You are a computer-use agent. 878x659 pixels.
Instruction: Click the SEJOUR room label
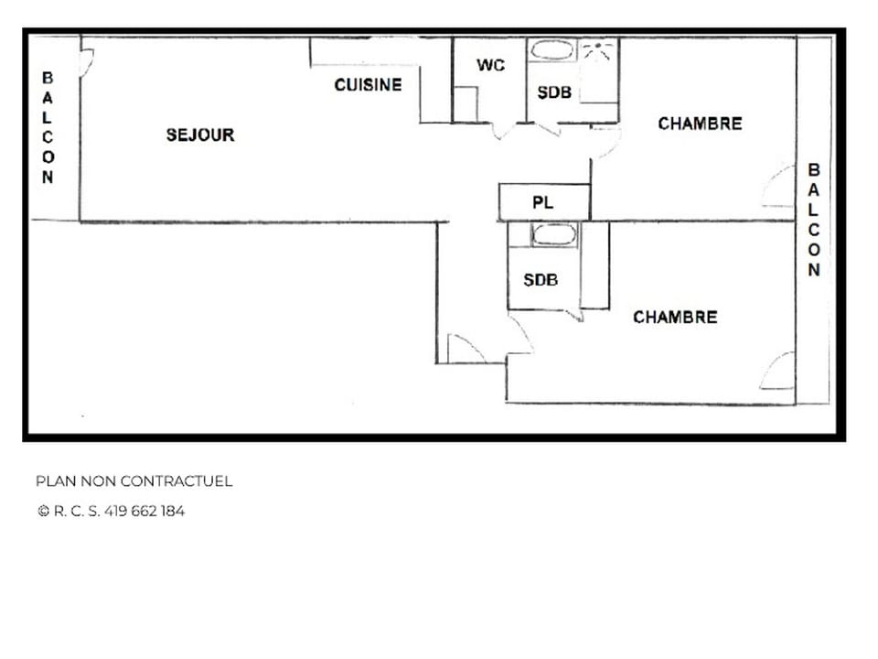tap(200, 135)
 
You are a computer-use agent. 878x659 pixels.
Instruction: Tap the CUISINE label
tap(368, 85)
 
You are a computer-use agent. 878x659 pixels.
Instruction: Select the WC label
tap(491, 66)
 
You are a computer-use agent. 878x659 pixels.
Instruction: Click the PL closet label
tap(542, 203)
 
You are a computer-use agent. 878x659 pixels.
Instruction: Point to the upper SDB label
tap(554, 92)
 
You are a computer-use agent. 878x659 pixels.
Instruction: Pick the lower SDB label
tap(541, 280)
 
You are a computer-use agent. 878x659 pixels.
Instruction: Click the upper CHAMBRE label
tap(700, 124)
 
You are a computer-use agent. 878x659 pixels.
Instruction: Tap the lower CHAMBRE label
tap(675, 318)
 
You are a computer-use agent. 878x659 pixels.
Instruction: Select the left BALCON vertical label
tap(48, 128)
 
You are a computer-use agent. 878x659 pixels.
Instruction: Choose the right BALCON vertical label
tap(813, 220)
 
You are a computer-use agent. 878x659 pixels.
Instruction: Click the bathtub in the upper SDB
tap(553, 51)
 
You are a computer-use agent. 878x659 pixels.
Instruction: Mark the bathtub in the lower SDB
tap(553, 234)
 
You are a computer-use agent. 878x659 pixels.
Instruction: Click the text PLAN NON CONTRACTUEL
tap(134, 481)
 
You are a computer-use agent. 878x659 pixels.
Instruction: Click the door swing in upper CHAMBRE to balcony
tap(778, 187)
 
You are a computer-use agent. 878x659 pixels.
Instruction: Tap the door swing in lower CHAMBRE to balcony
tap(778, 371)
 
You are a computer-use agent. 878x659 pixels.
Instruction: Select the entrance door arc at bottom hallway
tap(465, 350)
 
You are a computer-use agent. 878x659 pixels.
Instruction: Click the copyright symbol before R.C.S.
tap(43, 512)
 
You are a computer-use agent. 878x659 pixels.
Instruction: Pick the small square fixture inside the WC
tap(466, 103)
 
